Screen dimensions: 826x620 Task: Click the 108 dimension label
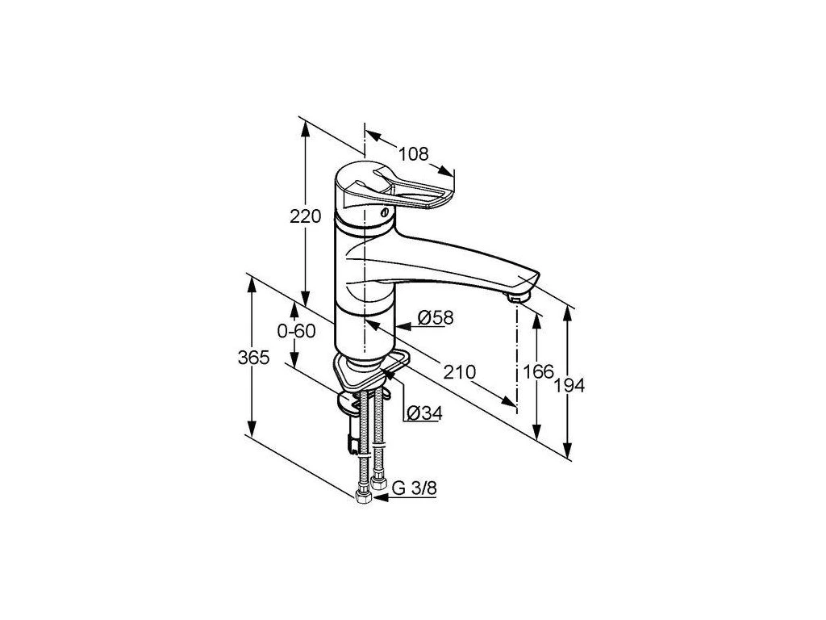pyautogui.click(x=413, y=154)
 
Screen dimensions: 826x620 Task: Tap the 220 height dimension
pyautogui.click(x=305, y=216)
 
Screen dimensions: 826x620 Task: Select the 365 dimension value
pyautogui.click(x=253, y=358)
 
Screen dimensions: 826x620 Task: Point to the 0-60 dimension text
pyautogui.click(x=296, y=331)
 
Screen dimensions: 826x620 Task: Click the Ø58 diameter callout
pyautogui.click(x=435, y=317)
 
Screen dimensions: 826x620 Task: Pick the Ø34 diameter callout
pyautogui.click(x=424, y=413)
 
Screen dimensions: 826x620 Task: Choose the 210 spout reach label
pyautogui.click(x=459, y=372)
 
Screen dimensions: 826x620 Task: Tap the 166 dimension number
pyautogui.click(x=538, y=371)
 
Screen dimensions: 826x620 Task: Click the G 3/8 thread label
pyautogui.click(x=415, y=488)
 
